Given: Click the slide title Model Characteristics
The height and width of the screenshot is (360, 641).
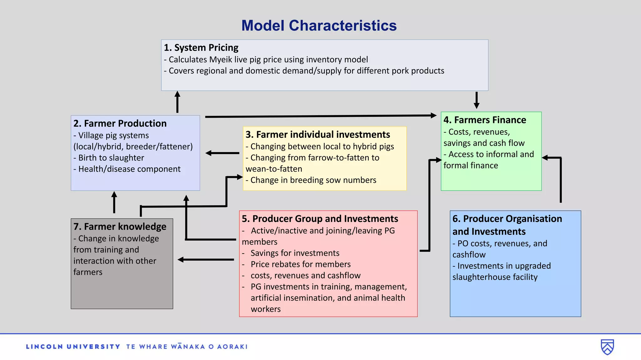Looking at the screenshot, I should [319, 26].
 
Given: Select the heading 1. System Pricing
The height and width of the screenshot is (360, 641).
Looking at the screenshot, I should [201, 48].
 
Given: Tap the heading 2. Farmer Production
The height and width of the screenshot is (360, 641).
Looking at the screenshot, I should [120, 123].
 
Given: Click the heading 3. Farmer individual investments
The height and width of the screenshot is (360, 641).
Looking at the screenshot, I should [318, 135].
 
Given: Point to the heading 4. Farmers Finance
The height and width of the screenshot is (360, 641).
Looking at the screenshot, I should [485, 120].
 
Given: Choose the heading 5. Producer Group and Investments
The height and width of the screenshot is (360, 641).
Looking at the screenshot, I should [320, 219].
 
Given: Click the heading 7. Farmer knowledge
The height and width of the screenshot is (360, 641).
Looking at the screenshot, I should [120, 226].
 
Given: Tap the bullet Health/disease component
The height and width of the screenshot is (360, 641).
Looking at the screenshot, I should [129, 169].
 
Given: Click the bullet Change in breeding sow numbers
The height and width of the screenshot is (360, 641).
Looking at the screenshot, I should [313, 180].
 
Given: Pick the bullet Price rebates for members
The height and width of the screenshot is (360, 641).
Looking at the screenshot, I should [300, 264].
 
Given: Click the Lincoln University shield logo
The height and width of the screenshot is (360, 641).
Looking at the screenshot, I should [607, 347].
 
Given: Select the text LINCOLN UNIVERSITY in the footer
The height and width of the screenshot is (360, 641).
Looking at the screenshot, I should [73, 347].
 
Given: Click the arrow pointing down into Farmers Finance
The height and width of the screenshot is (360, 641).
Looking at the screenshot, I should [476, 100].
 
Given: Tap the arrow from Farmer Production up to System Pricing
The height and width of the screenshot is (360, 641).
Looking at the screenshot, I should [177, 102].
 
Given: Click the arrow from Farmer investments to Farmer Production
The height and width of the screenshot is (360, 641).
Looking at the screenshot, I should [222, 153].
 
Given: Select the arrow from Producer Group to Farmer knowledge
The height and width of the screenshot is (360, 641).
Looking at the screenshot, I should [206, 260].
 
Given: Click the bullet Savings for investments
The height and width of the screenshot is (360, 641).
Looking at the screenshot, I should [295, 253].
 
